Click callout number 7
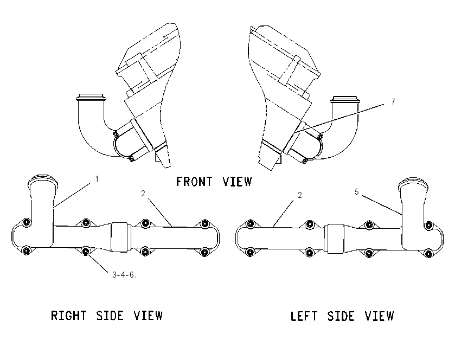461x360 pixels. click(x=393, y=102)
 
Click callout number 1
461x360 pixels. click(x=97, y=179)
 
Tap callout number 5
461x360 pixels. click(x=357, y=192)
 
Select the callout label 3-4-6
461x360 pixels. click(x=125, y=275)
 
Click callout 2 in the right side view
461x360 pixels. click(x=143, y=194)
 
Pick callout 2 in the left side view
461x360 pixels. click(x=299, y=195)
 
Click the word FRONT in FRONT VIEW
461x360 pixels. click(x=194, y=182)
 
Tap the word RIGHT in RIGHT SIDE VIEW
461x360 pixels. click(x=69, y=316)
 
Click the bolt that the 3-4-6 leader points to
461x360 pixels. click(x=86, y=251)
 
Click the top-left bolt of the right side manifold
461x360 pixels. click(x=27, y=222)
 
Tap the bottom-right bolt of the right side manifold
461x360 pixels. click(x=204, y=252)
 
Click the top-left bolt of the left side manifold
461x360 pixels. click(x=250, y=224)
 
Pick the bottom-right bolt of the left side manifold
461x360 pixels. click(x=428, y=253)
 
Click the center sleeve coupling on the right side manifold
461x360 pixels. click(x=119, y=237)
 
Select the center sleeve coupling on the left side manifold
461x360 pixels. click(x=336, y=239)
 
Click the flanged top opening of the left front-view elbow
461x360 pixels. click(x=91, y=98)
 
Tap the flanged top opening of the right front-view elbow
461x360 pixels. click(x=345, y=99)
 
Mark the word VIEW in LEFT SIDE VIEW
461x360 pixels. click(x=379, y=316)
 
